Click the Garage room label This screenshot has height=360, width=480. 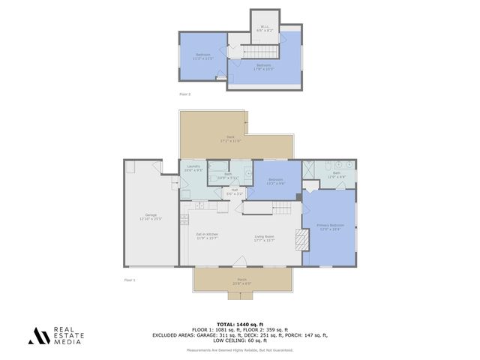click(x=151, y=217)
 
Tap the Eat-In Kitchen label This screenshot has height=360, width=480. click(x=207, y=237)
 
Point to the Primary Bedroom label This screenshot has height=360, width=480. click(x=330, y=226)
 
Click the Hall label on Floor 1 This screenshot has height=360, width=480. click(x=235, y=192)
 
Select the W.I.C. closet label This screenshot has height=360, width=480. click(x=265, y=28)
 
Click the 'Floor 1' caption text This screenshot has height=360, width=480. click(x=130, y=280)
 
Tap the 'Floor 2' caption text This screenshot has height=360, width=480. click(x=185, y=94)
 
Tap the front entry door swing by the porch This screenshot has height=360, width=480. click(x=239, y=260)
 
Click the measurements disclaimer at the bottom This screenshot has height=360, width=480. click(x=240, y=349)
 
